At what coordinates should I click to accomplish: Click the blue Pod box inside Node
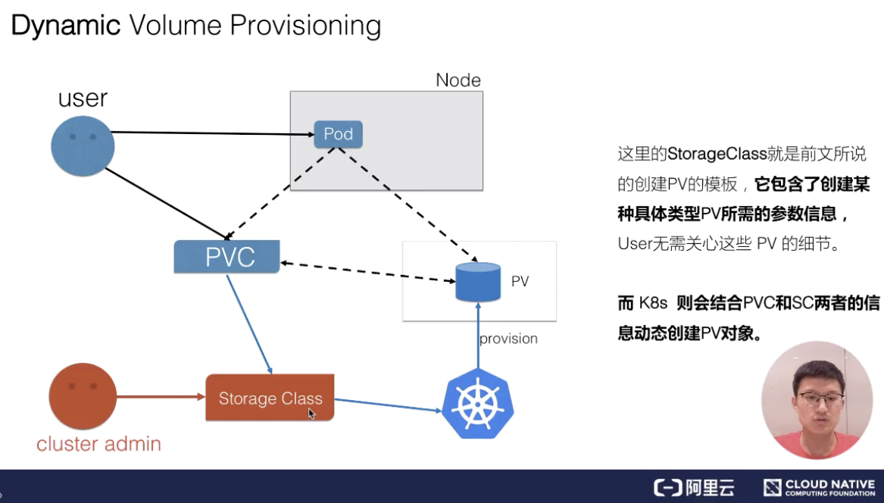338,134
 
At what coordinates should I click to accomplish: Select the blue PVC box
226,257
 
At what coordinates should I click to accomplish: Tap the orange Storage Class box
270,398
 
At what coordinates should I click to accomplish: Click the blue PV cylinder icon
478,282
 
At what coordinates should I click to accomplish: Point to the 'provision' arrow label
508,339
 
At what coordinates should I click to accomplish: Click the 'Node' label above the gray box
458,80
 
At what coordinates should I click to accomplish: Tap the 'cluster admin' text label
98,444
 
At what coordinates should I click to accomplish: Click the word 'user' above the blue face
83,98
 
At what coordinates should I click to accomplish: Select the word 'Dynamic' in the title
65,26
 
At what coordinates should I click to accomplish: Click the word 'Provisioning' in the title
305,26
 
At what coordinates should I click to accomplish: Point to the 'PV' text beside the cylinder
520,282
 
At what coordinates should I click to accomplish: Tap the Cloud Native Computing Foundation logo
819,487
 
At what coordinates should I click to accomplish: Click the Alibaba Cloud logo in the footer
694,487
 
